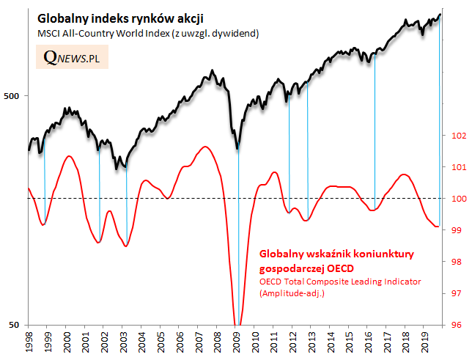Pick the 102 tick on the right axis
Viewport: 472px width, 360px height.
456,136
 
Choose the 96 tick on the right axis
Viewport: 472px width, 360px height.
456,325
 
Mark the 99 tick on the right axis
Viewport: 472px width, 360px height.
456,230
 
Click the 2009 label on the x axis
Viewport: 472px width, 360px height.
237,342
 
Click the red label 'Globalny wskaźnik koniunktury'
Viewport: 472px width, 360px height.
337,254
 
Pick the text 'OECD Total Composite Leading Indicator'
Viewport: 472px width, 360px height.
341,281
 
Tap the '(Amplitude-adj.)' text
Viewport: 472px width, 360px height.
292,293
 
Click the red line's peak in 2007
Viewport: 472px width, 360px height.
206,147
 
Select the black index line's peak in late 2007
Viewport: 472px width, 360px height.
212,71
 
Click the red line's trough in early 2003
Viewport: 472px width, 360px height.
126,246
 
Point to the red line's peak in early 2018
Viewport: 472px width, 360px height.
403,175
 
